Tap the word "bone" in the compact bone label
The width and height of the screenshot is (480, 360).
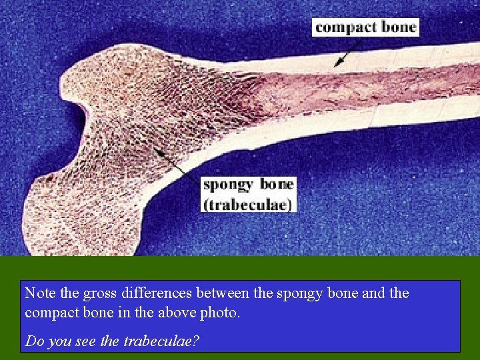point(399,27)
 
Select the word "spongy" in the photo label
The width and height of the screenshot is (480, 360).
point(227,185)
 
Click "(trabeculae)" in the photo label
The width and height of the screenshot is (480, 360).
point(247,203)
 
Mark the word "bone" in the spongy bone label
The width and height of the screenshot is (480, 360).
point(277,185)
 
